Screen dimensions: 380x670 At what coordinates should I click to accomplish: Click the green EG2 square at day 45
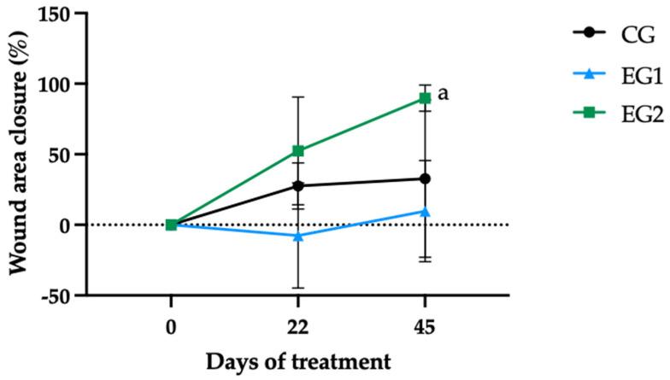(x=425, y=98)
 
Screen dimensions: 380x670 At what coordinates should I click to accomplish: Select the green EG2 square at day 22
(x=298, y=151)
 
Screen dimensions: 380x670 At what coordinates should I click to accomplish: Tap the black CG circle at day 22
(x=298, y=185)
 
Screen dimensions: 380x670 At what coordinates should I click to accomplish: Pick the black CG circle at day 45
(x=425, y=178)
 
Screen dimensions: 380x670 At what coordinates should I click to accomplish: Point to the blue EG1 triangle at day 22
(x=298, y=235)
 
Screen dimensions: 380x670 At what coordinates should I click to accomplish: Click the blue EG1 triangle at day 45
(x=425, y=211)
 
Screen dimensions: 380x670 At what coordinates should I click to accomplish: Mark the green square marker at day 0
(x=171, y=225)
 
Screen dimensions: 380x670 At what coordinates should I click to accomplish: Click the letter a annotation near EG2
(x=443, y=93)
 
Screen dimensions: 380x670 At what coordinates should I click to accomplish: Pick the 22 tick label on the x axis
(x=298, y=325)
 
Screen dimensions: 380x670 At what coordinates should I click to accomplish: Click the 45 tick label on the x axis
(x=425, y=325)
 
